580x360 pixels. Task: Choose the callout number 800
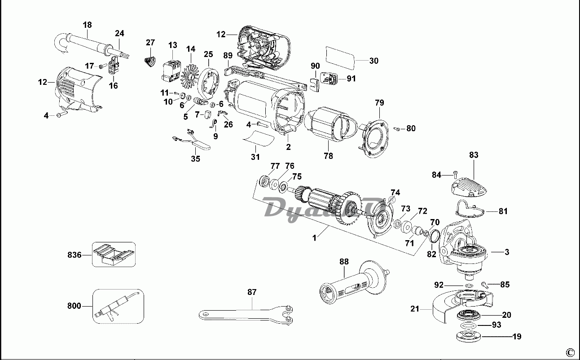(x=75, y=306)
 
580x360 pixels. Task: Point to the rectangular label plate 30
(x=340, y=57)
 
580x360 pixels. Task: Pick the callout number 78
(x=328, y=156)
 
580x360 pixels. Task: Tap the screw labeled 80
(x=397, y=129)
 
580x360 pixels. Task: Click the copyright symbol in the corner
(x=570, y=351)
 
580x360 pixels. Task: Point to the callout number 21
(x=415, y=308)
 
